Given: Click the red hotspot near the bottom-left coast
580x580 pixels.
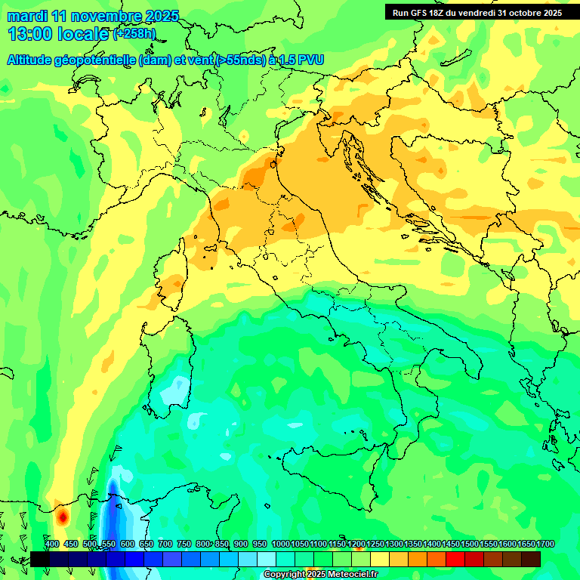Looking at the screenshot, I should pos(63,517).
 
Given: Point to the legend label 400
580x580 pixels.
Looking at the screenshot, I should pos(51,544).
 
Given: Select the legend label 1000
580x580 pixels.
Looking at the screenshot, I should pos(280,544).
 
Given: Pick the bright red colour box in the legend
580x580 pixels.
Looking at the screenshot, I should pos(455,559).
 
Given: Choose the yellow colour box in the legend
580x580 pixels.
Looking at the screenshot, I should pos(380,559).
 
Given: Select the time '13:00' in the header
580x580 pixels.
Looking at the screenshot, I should pos(29,34).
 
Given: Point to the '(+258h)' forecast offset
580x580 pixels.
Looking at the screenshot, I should pos(134,34).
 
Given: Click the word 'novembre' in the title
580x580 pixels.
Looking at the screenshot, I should pos(91,16).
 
